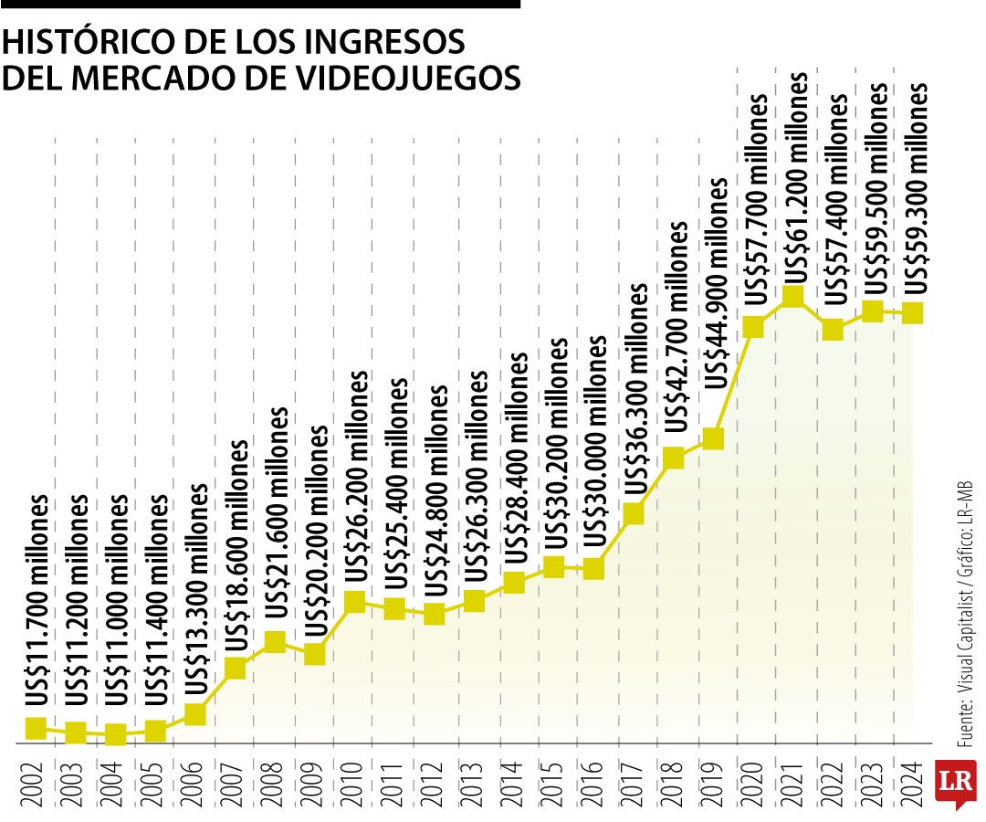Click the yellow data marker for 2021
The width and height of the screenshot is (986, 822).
tap(792, 297)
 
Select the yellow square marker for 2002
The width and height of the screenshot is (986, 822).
tap(36, 728)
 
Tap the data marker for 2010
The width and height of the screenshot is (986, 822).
tap(355, 602)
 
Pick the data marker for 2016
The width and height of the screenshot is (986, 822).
tap(594, 569)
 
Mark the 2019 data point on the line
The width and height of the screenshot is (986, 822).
tap(714, 439)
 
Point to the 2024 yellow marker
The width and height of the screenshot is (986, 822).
tap(914, 313)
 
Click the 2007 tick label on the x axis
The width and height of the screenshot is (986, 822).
tap(236, 782)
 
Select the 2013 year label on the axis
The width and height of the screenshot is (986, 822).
tap(475, 782)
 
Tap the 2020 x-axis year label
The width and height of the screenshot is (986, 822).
tap(754, 782)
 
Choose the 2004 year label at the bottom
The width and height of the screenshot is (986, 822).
tap(116, 782)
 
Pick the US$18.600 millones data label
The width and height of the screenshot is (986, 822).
tap(236, 545)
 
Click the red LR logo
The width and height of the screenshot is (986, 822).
tap(957, 783)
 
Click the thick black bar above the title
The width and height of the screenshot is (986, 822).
tap(260, 5)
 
